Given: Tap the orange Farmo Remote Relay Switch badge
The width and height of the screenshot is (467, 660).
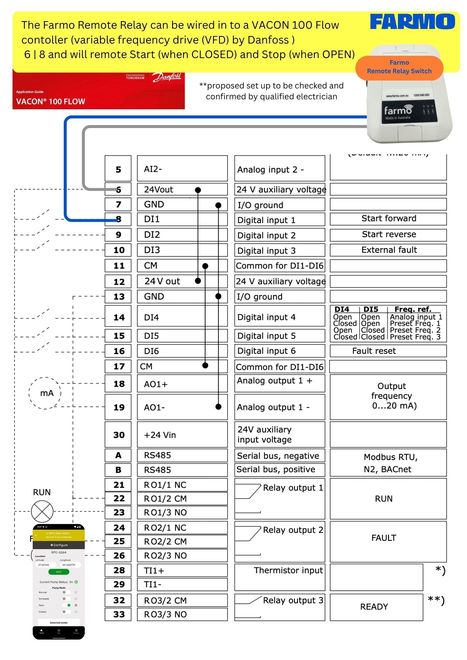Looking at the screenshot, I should coord(399,67).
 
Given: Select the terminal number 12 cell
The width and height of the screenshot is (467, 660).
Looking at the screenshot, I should coord(118,281).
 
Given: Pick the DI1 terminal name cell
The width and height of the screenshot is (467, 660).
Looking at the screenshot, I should coord(182,219).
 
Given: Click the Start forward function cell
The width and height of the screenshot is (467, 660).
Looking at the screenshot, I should coord(388,219).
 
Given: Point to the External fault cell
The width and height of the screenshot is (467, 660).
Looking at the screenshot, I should coord(388,250).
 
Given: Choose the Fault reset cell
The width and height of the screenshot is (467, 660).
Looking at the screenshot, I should coord(388,351).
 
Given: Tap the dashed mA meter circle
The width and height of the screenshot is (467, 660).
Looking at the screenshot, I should coord(45,393).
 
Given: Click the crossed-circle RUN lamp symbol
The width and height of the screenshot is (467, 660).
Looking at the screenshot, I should coord(42,511).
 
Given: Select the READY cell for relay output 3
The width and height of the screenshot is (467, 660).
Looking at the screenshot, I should coord(376,607).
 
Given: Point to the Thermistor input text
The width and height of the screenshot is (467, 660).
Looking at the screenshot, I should coord(288,571).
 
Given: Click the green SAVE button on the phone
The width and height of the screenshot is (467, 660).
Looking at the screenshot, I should coord(59,572).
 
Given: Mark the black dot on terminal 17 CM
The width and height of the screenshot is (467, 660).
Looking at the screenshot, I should coord(205,365).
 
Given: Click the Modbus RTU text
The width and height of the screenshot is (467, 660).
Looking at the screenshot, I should coord(390,457).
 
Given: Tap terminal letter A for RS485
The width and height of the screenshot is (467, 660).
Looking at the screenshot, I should coord(118,455).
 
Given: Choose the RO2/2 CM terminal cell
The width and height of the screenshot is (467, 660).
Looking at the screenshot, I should coord(182,542).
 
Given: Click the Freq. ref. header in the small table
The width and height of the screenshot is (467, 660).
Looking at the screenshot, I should coord(413,309).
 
